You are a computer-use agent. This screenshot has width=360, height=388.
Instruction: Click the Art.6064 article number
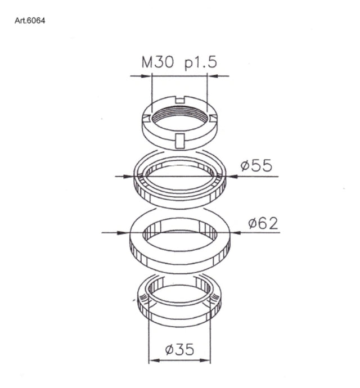pyautogui.click(x=30, y=21)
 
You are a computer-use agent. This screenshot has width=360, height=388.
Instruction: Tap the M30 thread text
pyautogui.click(x=157, y=62)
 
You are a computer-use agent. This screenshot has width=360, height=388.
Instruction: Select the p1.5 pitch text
pyautogui.click(x=201, y=63)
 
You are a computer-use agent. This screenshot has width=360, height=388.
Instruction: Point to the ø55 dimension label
pyautogui.click(x=256, y=165)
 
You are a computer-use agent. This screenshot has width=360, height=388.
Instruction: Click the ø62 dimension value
pyautogui.click(x=263, y=223)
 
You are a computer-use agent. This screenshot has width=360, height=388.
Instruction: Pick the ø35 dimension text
pyautogui.click(x=179, y=349)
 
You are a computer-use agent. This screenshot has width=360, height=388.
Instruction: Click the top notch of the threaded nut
pyautogui.click(x=180, y=100)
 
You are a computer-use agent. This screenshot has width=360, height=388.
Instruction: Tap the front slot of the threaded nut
pyautogui.click(x=179, y=141)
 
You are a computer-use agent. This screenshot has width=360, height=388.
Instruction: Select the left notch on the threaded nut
pyautogui.click(x=147, y=119)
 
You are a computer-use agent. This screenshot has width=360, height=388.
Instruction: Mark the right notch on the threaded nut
pyautogui.click(x=213, y=119)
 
